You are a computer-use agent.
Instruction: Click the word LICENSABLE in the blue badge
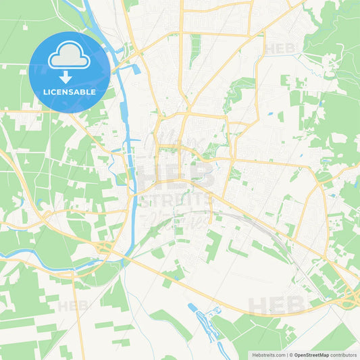coord(70,92)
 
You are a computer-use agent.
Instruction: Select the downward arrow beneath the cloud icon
coord(66,76)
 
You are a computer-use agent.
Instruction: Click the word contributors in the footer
coord(344,354)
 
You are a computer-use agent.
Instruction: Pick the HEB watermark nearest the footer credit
coord(270,306)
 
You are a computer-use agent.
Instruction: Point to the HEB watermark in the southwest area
coord(72,306)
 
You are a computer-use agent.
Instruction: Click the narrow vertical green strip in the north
coord(195,50)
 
